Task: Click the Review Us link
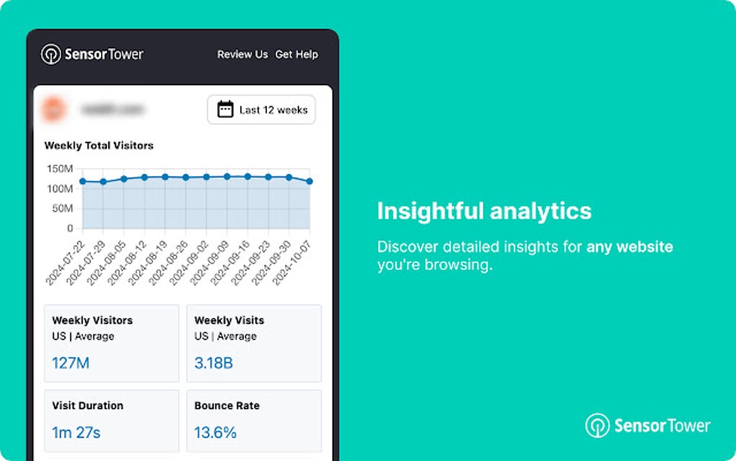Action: pyautogui.click(x=242, y=54)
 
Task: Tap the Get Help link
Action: pyautogui.click(x=297, y=54)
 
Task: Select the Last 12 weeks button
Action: pyautogui.click(x=261, y=110)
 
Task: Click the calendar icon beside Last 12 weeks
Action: pyautogui.click(x=226, y=110)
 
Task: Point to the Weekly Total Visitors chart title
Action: pyautogui.click(x=99, y=145)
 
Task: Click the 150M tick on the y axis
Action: pyautogui.click(x=59, y=168)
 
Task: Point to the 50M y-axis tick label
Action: pyautogui.click(x=61, y=208)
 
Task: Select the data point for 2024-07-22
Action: pyautogui.click(x=82, y=181)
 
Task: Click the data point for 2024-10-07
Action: pyautogui.click(x=310, y=181)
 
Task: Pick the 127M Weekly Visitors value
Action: pyautogui.click(x=71, y=363)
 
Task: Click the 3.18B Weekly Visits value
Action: pyautogui.click(x=214, y=363)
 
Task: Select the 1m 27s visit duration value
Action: pyautogui.click(x=76, y=433)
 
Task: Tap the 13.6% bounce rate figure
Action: pyautogui.click(x=215, y=433)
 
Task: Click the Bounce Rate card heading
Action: pyautogui.click(x=227, y=405)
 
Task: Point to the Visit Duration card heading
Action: pyautogui.click(x=87, y=405)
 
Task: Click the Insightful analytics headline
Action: pyautogui.click(x=484, y=211)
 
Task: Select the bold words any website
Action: pyautogui.click(x=629, y=247)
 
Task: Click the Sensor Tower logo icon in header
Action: pyautogui.click(x=51, y=54)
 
